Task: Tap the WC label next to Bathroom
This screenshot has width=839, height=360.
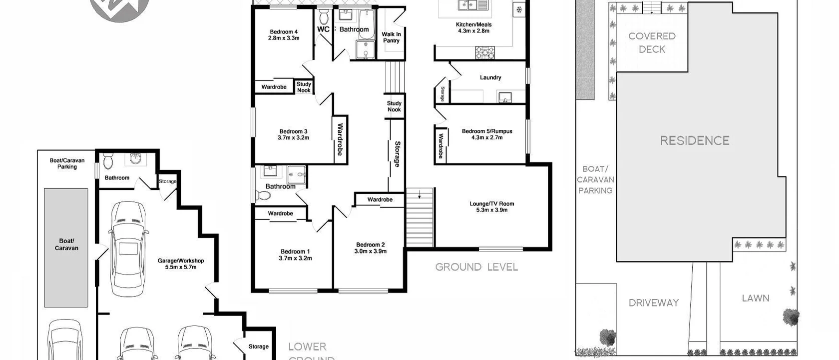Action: point(324,29)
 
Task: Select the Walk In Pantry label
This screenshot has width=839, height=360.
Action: point(392,37)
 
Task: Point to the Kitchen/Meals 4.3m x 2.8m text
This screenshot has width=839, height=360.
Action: point(474,27)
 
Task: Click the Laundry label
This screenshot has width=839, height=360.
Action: point(490,77)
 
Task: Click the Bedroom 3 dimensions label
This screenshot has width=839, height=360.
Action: point(294,138)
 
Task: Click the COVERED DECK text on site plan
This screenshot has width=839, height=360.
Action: point(652,42)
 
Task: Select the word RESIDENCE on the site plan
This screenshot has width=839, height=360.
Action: point(695,140)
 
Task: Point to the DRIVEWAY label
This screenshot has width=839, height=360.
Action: point(654,302)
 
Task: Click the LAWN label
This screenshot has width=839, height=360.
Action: point(755,298)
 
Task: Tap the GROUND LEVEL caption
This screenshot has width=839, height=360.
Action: point(476,267)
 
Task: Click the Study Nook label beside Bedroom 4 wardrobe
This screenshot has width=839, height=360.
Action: point(304,87)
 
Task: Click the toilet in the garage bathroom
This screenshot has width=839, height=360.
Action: point(108,161)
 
